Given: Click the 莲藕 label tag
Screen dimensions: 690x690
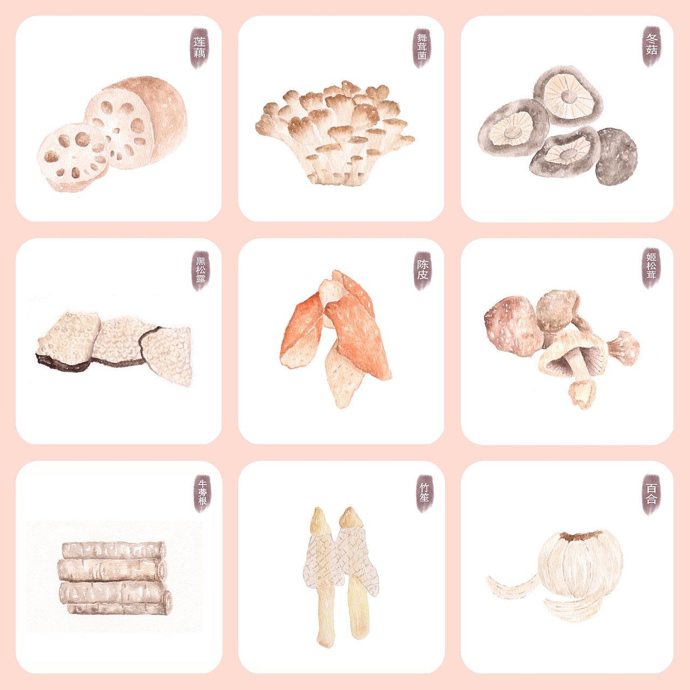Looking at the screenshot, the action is (x=199, y=48).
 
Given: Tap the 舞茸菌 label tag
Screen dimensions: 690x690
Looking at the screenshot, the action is (x=422, y=48).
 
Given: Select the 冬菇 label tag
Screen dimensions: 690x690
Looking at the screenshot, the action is (x=651, y=46).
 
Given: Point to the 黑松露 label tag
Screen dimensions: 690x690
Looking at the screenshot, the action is (x=201, y=271).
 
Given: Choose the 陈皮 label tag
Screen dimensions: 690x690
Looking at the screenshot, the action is (x=423, y=271).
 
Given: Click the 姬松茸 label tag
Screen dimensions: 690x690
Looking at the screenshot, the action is (x=651, y=268).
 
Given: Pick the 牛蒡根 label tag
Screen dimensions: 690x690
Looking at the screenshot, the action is (x=202, y=493).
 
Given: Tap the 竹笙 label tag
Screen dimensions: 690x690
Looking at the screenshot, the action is (x=425, y=493).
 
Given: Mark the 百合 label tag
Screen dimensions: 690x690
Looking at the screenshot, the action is (x=651, y=494).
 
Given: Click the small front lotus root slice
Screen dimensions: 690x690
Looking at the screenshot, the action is (x=72, y=157).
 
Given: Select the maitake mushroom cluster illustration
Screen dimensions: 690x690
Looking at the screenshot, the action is (x=335, y=133).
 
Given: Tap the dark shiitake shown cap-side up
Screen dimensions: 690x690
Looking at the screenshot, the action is (x=616, y=157).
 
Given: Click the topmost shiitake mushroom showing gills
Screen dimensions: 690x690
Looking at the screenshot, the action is (x=568, y=96).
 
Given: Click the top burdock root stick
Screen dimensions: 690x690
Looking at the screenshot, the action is (x=114, y=550).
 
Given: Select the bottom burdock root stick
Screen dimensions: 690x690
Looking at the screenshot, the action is (x=119, y=609).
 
